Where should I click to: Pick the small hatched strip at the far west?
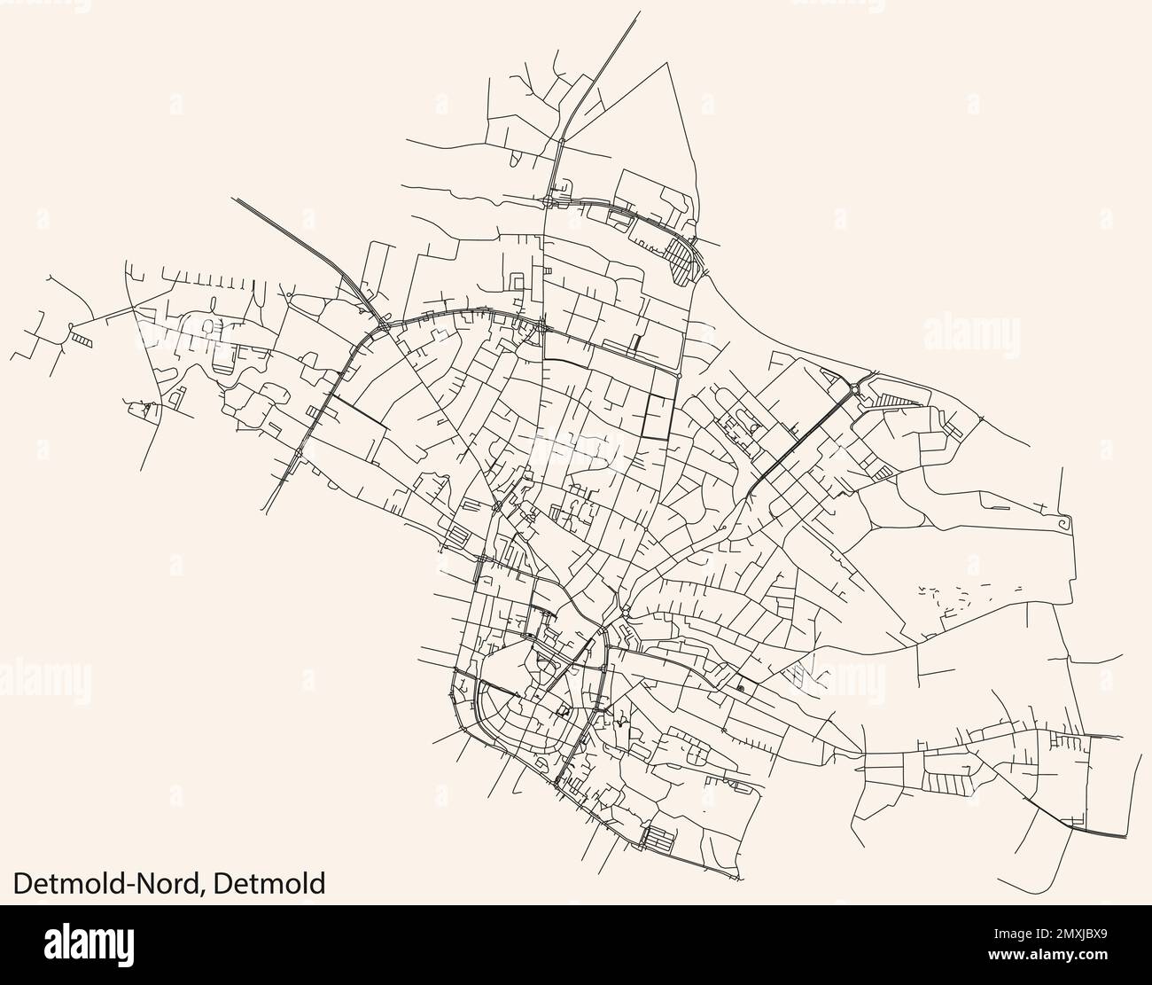click(x=82, y=339)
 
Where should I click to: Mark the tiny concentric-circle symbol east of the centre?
click(x=740, y=687)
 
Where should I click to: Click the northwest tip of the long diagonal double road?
click(x=235, y=199)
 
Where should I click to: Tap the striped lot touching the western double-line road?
click(x=315, y=412)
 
